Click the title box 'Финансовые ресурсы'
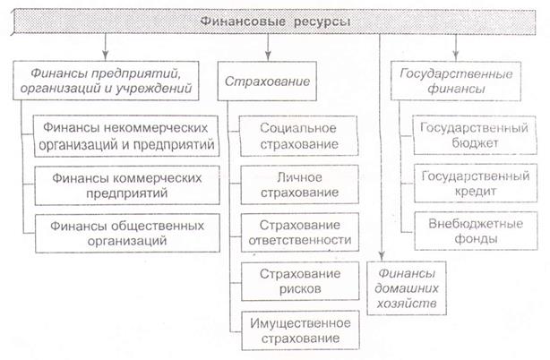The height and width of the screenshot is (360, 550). (x=274, y=21)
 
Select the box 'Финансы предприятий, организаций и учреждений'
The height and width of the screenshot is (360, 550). (x=106, y=81)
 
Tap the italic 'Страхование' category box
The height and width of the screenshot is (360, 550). (x=267, y=81)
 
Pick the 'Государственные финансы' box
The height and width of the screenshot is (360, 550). (x=456, y=81)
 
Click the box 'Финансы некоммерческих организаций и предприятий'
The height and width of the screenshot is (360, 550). (x=126, y=136)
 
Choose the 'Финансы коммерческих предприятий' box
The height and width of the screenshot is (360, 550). (x=127, y=185)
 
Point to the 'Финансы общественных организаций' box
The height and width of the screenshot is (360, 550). (x=127, y=233)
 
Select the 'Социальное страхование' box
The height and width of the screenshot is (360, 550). (x=299, y=136)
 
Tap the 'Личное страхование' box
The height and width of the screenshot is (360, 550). (x=299, y=184)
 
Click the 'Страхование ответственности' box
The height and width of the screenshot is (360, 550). (x=300, y=232)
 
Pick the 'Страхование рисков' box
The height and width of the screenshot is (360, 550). (x=300, y=281)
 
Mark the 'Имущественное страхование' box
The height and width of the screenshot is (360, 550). (x=301, y=330)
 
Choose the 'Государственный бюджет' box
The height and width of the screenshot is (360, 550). (x=475, y=135)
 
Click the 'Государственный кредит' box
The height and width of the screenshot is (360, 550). (x=476, y=183)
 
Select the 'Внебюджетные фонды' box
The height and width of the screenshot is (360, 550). (x=476, y=231)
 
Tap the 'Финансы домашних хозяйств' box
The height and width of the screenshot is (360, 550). (x=407, y=288)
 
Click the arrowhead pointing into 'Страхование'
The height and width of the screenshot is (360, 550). (x=268, y=56)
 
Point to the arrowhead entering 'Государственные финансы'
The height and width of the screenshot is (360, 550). (x=456, y=56)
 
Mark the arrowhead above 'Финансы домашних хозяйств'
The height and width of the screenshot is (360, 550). (x=382, y=256)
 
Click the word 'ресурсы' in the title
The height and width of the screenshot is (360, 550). (x=322, y=22)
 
